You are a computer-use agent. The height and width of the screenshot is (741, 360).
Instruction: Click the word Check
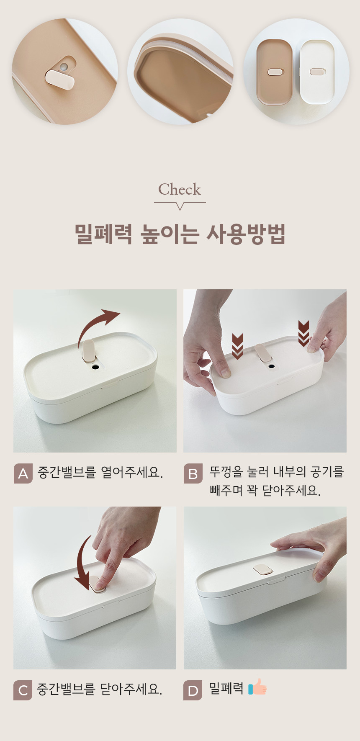click(180, 189)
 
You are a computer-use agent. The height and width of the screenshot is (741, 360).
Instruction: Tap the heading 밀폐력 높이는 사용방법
click(180, 234)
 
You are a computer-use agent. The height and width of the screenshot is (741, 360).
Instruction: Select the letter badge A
click(23, 473)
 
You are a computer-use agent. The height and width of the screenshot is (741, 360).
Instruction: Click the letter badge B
click(193, 473)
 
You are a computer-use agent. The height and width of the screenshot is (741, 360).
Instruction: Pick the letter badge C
click(23, 690)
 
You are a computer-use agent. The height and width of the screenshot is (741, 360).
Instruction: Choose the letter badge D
click(193, 690)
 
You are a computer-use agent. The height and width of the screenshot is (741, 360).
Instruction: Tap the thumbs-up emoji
click(257, 687)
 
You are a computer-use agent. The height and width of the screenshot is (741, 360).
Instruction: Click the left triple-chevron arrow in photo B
click(237, 347)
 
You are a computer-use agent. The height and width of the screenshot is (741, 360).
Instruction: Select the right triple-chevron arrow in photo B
click(303, 334)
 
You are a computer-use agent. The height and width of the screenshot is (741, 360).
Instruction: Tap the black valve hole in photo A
click(96, 367)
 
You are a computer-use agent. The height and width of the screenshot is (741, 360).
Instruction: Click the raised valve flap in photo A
click(89, 351)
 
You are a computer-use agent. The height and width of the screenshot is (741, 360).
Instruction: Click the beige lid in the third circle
click(275, 72)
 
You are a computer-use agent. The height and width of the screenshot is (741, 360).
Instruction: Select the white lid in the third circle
click(317, 72)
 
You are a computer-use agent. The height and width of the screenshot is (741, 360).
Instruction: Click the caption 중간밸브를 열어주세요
click(100, 473)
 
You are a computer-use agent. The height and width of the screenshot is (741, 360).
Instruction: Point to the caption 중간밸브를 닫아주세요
click(100, 689)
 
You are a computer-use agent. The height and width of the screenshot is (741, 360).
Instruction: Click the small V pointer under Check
click(180, 206)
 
